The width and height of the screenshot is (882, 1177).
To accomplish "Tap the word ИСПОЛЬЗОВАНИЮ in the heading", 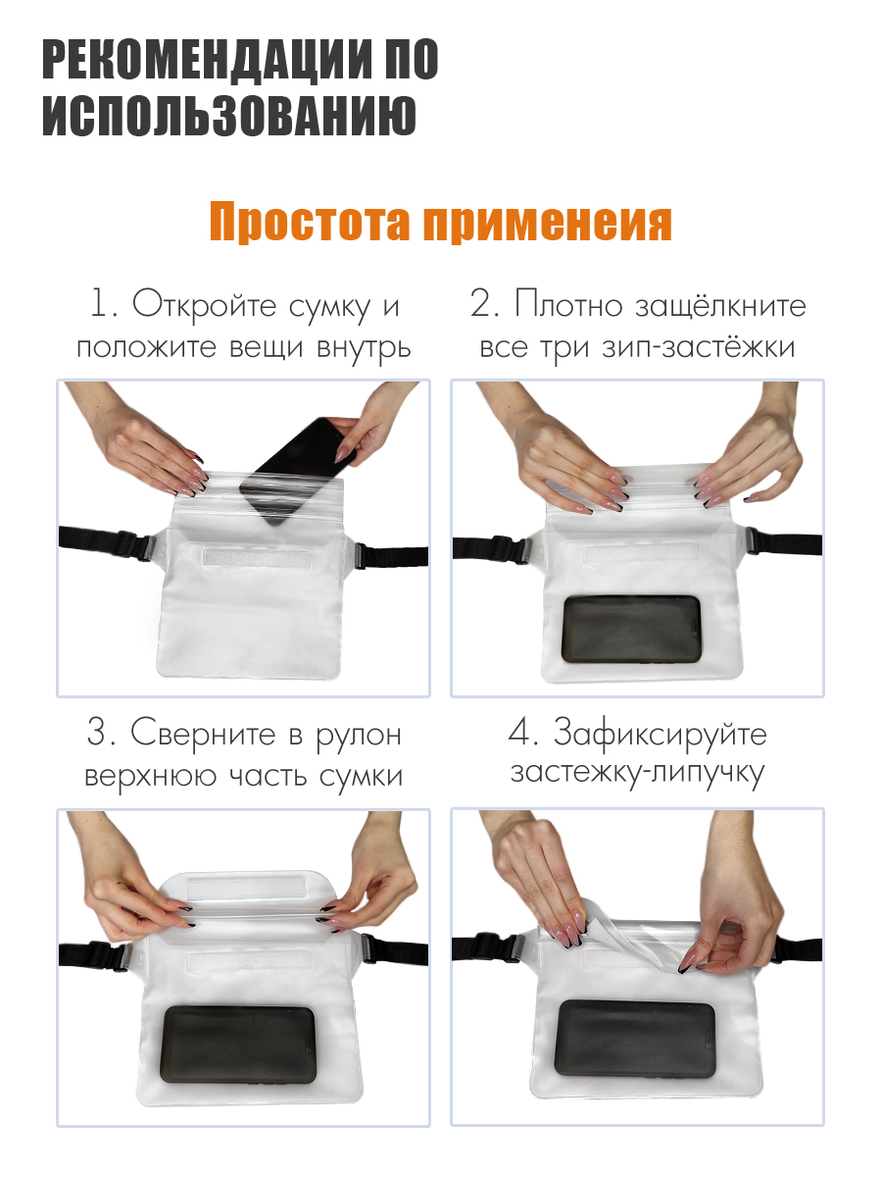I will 228,116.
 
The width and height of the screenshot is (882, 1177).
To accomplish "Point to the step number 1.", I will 100,305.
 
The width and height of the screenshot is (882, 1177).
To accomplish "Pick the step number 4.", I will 519,734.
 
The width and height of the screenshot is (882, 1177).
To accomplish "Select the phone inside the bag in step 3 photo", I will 238,1043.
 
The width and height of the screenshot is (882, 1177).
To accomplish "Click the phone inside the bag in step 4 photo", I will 634,1037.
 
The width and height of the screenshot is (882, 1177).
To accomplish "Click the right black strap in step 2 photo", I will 794,544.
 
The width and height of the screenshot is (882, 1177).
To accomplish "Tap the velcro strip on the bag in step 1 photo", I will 254,557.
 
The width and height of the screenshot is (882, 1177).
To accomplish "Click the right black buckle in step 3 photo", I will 368,948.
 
